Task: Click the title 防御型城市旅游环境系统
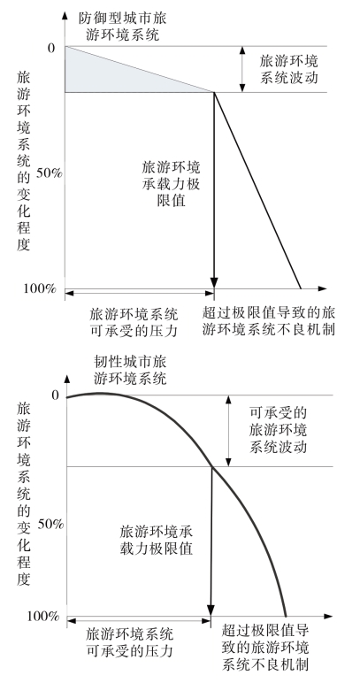pyautogui.click(x=122, y=27)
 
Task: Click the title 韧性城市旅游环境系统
pyautogui.click(x=130, y=370)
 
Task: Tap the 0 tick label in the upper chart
pyautogui.click(x=52, y=48)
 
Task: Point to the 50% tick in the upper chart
pyautogui.click(x=50, y=173)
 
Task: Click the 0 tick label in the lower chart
pyautogui.click(x=55, y=395)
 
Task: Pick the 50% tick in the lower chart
pyautogui.click(x=50, y=523)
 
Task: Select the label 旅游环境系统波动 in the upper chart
pyautogui.click(x=288, y=69)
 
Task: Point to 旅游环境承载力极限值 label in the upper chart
pyautogui.click(x=171, y=184)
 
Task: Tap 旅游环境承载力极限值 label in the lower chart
pyautogui.click(x=156, y=540)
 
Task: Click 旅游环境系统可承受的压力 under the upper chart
pyautogui.click(x=134, y=322)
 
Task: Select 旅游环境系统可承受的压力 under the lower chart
pyautogui.click(x=130, y=642)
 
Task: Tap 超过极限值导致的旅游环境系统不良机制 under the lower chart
pyautogui.click(x=265, y=648)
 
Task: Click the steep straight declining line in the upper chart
pyautogui.click(x=257, y=190)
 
